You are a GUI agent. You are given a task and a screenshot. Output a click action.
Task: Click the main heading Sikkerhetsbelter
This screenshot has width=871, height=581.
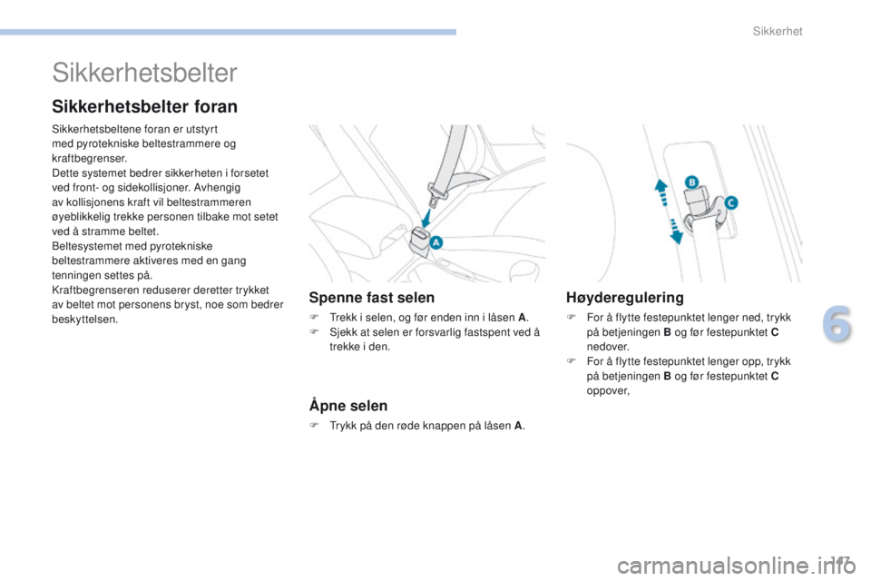[x=145, y=73]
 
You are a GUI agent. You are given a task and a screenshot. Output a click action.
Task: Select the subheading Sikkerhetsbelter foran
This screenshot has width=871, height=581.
[x=145, y=107]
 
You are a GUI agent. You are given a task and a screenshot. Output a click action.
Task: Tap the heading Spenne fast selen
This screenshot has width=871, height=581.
[x=372, y=298]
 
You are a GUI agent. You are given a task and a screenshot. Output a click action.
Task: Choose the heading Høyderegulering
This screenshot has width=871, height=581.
[x=625, y=298]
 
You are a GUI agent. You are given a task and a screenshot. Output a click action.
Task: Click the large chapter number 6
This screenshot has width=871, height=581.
[x=837, y=325]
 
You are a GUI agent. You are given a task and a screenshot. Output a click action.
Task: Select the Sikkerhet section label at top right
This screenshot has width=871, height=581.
[x=778, y=32]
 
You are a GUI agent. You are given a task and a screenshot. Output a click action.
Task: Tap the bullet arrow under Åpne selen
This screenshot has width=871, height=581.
[x=313, y=425]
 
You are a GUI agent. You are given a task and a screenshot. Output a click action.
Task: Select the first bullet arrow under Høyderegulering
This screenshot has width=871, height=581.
[x=569, y=319]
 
